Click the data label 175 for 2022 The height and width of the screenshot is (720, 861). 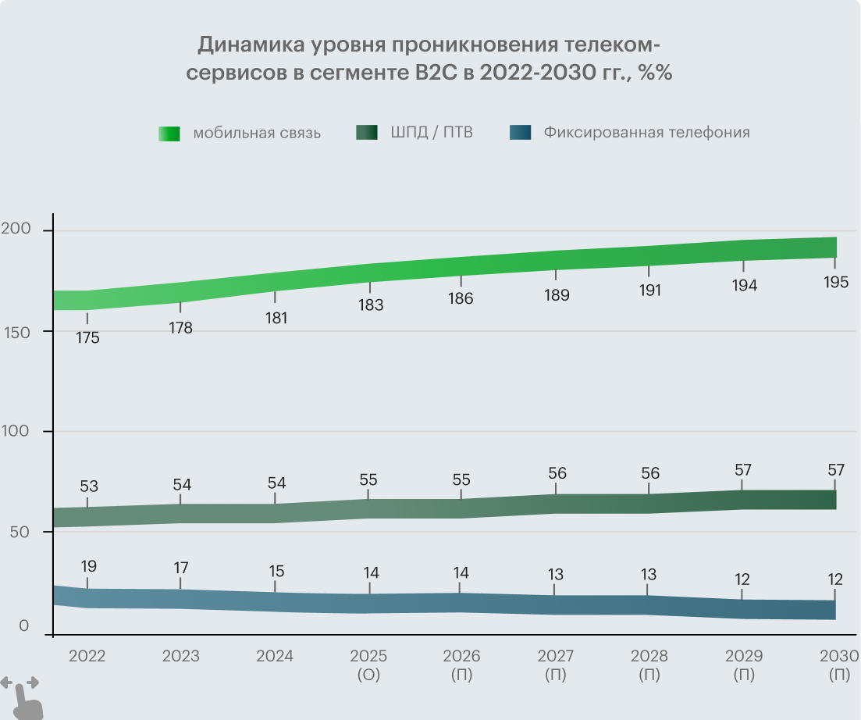(x=87, y=339)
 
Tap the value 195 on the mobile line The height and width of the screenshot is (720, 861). (x=835, y=282)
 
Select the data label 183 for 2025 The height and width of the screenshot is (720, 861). (x=371, y=305)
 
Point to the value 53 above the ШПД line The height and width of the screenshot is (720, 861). (x=88, y=487)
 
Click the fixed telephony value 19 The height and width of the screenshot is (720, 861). (x=87, y=566)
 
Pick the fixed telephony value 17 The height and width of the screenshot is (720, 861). (x=181, y=568)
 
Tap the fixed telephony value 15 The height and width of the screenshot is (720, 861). (x=276, y=571)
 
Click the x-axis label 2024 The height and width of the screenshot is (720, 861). (x=275, y=656)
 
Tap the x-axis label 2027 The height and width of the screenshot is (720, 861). (x=556, y=656)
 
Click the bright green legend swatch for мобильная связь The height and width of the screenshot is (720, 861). (x=169, y=134)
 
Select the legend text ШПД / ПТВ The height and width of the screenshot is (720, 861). (x=432, y=132)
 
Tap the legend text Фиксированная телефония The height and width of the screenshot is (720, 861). (x=647, y=132)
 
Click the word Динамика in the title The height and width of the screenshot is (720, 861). (x=244, y=44)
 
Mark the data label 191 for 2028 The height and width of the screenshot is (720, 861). (x=649, y=290)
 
